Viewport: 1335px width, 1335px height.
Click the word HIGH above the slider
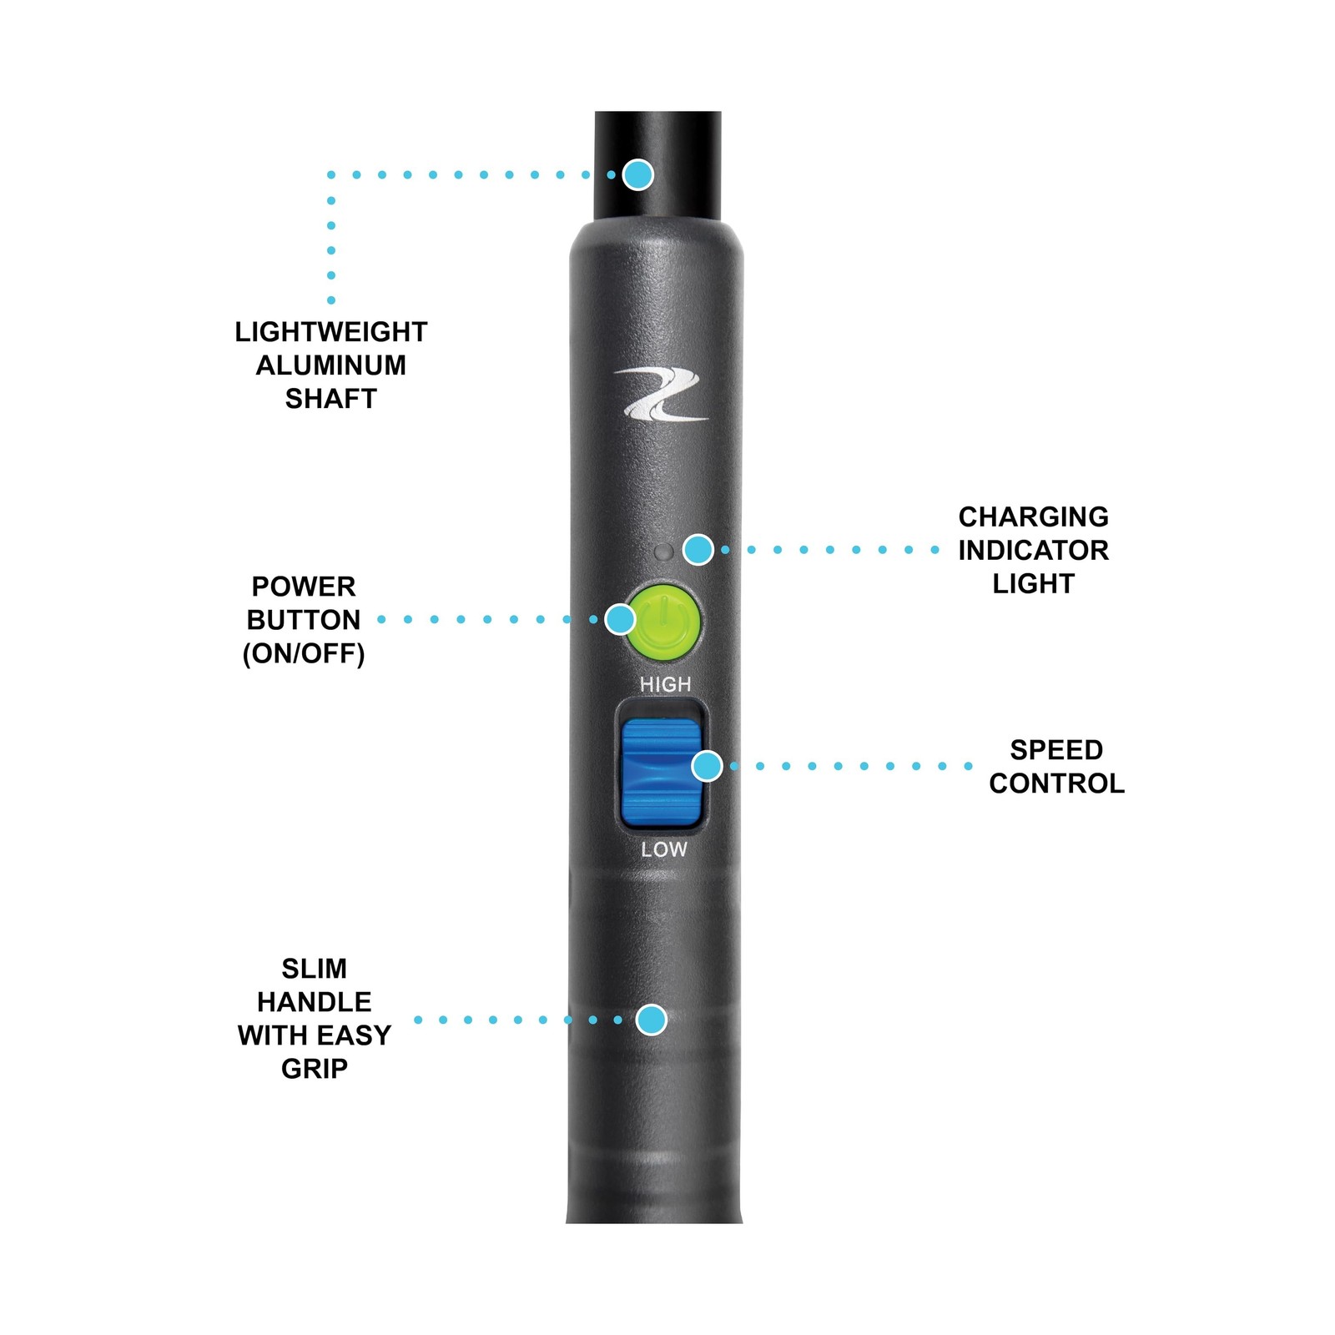pos(665,684)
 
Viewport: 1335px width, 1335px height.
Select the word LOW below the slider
pos(664,849)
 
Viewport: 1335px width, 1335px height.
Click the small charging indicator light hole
pos(664,552)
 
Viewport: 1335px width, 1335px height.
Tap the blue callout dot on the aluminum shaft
pos(638,174)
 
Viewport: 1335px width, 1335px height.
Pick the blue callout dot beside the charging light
pos(698,549)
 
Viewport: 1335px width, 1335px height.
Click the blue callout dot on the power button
pos(620,619)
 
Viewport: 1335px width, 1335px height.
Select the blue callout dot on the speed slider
pos(708,765)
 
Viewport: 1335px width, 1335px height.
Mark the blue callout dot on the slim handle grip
pos(652,1019)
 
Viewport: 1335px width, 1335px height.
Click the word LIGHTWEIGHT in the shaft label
pos(330,332)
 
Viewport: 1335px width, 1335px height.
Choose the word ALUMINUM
pos(330,365)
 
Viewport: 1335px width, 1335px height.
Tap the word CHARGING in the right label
pos(1033,517)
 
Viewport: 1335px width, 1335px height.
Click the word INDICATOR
pos(1033,551)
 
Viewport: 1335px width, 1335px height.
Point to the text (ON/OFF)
pos(304,653)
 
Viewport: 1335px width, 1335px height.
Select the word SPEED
pos(1056,750)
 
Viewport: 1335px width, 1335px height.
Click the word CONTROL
pos(1056,783)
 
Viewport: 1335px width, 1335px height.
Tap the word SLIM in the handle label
pos(314,969)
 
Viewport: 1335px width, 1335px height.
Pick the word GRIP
pos(314,1069)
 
